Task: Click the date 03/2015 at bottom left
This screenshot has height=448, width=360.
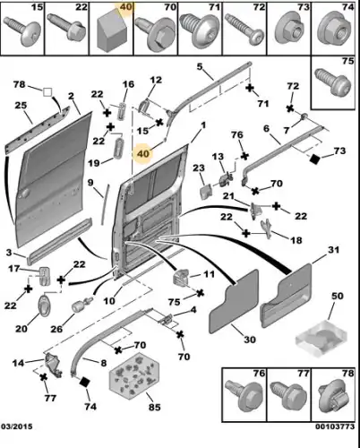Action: pyautogui.click(x=17, y=426)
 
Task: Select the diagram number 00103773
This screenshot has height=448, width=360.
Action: pyautogui.click(x=335, y=426)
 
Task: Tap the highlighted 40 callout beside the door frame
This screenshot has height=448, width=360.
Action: pyautogui.click(x=143, y=154)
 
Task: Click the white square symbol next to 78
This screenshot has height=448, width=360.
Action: pyautogui.click(x=47, y=92)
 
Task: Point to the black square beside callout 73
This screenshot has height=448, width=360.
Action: pyautogui.click(x=314, y=159)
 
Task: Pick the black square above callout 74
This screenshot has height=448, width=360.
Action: pyautogui.click(x=85, y=382)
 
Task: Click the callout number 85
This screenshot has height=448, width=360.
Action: pyautogui.click(x=154, y=407)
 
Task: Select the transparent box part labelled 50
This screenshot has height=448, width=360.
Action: pyautogui.click(x=321, y=339)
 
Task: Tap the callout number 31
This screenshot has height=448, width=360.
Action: pyautogui.click(x=333, y=249)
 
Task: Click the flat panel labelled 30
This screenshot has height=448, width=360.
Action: pyautogui.click(x=235, y=302)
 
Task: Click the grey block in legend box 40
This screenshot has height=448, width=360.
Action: pyautogui.click(x=111, y=31)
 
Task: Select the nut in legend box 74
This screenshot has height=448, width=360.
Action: pyautogui.click(x=334, y=30)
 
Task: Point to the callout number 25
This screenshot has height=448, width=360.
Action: pyautogui.click(x=21, y=106)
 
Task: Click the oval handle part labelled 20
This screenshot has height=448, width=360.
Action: pyautogui.click(x=44, y=305)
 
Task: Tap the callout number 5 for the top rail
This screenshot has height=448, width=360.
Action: pyautogui.click(x=199, y=66)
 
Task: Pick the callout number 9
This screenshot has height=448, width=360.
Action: pyautogui.click(x=90, y=183)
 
